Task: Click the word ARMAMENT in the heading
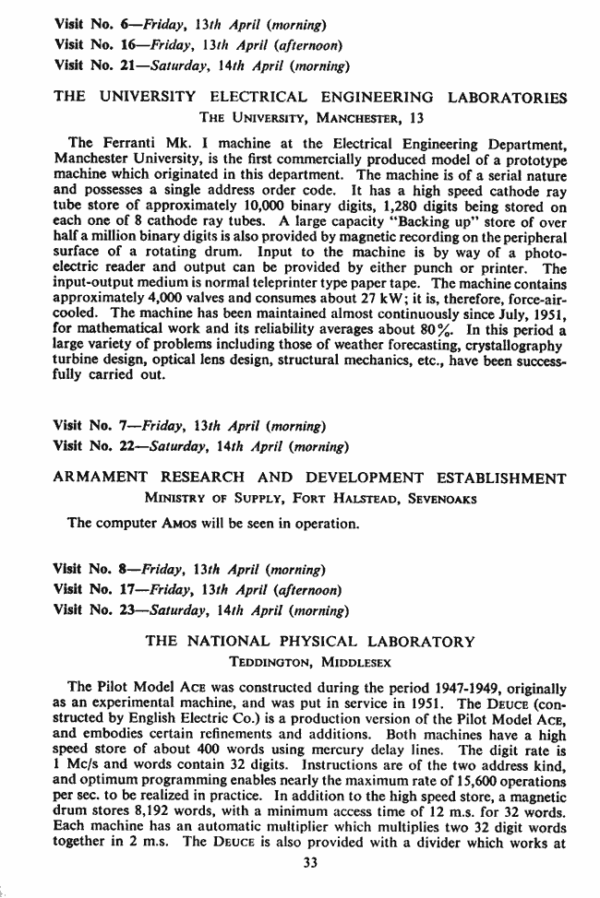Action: [x=100, y=478]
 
